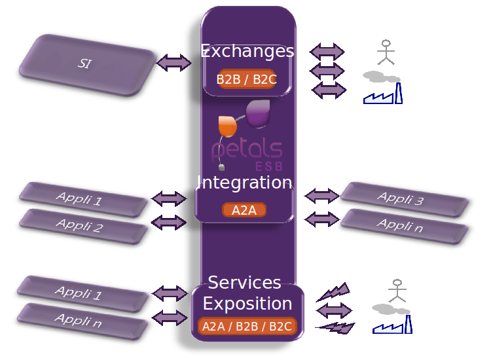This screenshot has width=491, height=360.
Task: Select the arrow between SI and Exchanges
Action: pyautogui.click(x=174, y=63)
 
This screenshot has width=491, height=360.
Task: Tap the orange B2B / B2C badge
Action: pyautogui.click(x=247, y=79)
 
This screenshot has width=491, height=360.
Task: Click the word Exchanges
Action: pyautogui.click(x=247, y=51)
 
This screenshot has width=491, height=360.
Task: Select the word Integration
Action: pyautogui.click(x=245, y=182)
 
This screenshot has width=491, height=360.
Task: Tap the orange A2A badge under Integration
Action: pyautogui.click(x=244, y=210)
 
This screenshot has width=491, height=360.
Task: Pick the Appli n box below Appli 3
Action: pyautogui.click(x=404, y=225)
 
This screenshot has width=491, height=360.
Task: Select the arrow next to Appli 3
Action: pyautogui.click(x=322, y=194)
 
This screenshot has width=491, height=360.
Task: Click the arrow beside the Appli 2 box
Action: pyautogui.click(x=169, y=223)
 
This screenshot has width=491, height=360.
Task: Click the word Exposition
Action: pyautogui.click(x=247, y=304)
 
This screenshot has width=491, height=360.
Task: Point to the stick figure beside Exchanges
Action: pyautogui.click(x=387, y=52)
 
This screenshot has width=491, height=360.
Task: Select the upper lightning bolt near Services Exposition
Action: pyautogui.click(x=333, y=292)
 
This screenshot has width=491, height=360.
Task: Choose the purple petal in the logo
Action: pyautogui.click(x=259, y=113)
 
